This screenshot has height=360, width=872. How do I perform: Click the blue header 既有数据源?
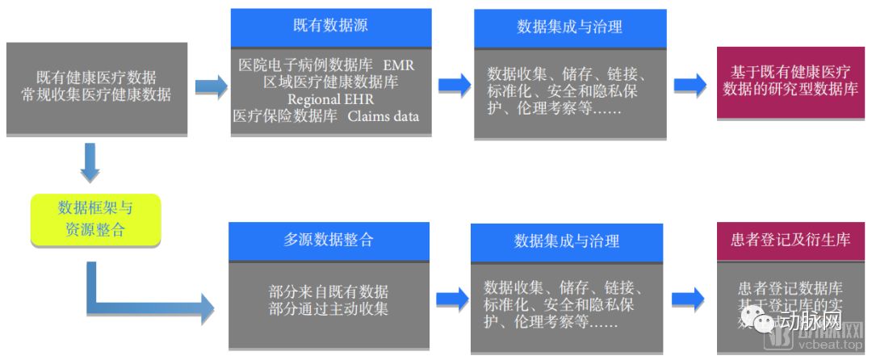(330, 26)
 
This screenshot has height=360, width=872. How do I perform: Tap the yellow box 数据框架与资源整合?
(95, 219)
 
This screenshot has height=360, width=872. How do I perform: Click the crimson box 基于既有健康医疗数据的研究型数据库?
(790, 82)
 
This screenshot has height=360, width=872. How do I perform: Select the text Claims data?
(384, 115)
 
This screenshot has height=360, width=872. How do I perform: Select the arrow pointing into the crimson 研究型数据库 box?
(690, 84)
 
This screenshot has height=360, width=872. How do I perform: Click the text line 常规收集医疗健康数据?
(96, 94)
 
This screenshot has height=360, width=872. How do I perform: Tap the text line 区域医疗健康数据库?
(330, 82)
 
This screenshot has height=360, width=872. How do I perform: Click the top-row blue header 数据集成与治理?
(570, 27)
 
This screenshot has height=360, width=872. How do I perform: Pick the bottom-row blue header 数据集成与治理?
(567, 241)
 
